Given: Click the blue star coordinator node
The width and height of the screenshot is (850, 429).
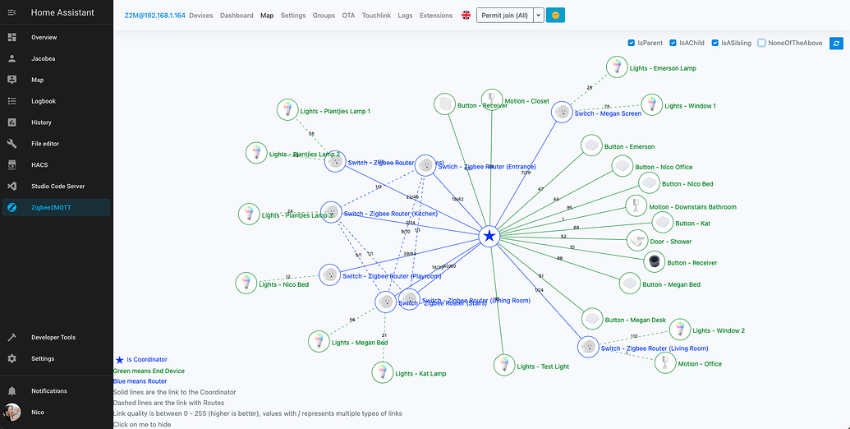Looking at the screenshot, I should tap(489, 237).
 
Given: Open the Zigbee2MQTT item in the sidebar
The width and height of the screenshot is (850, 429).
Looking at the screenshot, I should tap(51, 208).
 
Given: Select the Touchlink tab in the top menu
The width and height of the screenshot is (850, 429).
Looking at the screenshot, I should tap(376, 16).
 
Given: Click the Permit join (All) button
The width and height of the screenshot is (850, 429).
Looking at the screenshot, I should tap(504, 16).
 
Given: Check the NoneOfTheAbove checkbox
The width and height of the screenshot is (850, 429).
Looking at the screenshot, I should tap(762, 43).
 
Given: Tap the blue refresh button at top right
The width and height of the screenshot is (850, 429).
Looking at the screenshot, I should tap(836, 43).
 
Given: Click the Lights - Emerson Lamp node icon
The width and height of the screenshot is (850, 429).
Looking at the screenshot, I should tap(616, 67).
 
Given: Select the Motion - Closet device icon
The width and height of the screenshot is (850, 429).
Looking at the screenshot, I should tap(491, 100).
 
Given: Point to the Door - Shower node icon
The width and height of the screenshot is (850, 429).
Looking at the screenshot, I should tap(637, 241).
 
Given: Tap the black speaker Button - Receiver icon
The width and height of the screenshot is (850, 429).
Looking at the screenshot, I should tap(655, 262).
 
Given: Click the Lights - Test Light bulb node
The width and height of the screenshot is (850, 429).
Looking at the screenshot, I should tap(504, 366).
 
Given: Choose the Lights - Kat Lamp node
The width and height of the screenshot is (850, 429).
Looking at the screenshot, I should tap(381, 372).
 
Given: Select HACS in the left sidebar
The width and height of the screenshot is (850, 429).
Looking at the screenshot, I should tap(39, 165).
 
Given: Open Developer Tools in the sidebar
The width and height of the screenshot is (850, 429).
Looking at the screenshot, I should tap(53, 337).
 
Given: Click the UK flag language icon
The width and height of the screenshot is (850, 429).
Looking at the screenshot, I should tap(466, 16).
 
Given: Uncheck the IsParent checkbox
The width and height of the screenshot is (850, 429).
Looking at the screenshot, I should tap(631, 43).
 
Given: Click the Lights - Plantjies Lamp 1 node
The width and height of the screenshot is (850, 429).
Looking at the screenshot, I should tap(287, 110).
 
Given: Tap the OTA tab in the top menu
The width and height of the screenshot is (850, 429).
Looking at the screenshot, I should tap(348, 16).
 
